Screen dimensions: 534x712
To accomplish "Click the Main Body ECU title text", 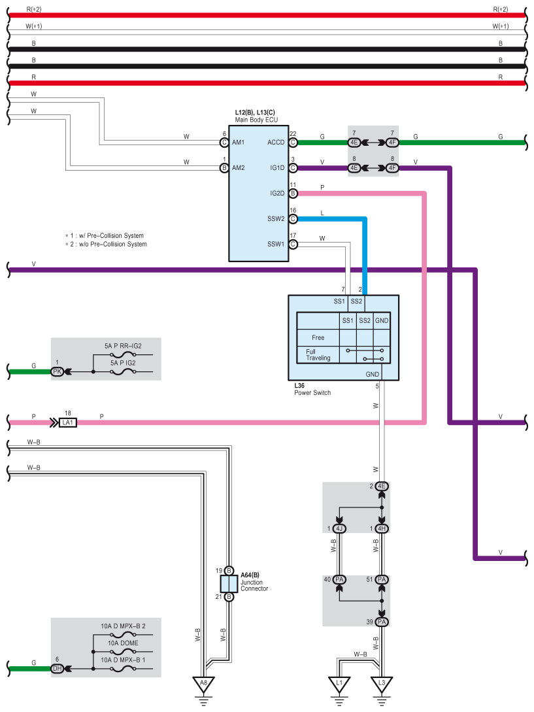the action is (256, 120).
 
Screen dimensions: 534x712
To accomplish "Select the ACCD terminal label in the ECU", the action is (276, 142).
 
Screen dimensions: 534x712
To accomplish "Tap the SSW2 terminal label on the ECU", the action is (276, 219).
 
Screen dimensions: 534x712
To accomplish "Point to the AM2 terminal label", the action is (239, 168).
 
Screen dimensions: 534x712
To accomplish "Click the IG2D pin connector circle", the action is (293, 194).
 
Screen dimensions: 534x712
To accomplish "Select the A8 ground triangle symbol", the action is (203, 684).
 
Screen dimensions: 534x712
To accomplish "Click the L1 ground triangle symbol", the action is (339, 684).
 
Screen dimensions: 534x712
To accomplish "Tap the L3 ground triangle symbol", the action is (382, 684).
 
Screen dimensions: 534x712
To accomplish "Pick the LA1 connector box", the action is (68, 423).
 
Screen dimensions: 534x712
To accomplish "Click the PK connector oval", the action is (58, 371).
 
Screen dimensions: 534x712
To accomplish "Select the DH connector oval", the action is (58, 668).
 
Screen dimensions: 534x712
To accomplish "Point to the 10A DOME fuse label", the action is (123, 643).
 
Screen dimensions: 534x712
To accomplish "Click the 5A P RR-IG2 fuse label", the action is (123, 346).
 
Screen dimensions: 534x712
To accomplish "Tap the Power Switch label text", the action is (312, 393).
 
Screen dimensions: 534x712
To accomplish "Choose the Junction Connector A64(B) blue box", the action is (229, 584).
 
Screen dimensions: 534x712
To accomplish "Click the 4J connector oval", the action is (339, 528).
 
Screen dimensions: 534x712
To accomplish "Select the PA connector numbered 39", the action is (382, 622).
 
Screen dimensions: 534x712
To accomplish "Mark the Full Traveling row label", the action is (318, 354).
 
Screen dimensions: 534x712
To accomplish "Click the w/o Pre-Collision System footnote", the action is (106, 245).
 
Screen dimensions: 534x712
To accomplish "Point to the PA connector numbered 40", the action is (339, 579).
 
